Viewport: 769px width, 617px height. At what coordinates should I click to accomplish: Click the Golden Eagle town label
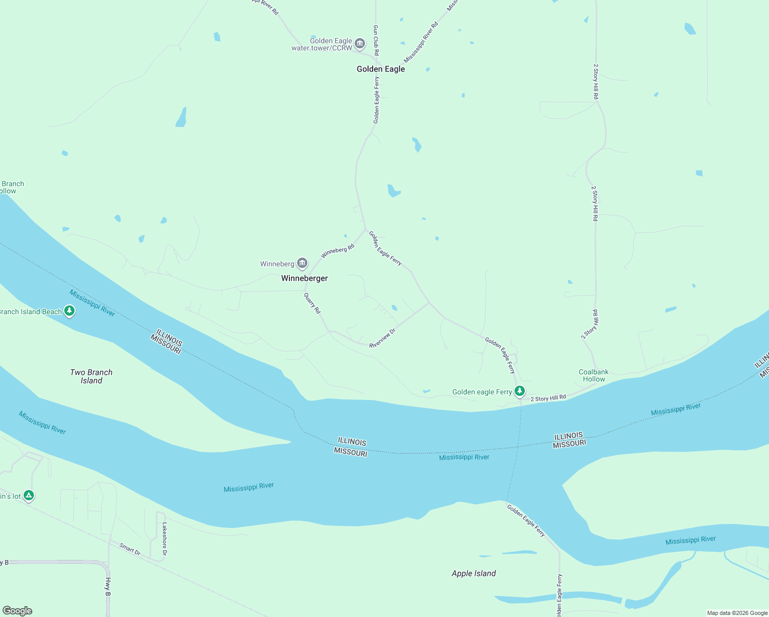[380, 69]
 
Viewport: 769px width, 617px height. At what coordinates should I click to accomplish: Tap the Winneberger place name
[304, 278]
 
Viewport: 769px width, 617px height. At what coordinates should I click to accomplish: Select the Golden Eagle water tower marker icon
[360, 43]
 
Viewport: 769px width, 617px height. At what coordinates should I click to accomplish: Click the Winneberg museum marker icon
[302, 263]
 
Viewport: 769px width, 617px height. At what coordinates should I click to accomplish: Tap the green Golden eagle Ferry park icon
[520, 391]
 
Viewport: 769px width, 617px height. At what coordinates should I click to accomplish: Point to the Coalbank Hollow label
[593, 375]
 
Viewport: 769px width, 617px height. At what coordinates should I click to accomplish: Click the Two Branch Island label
[91, 376]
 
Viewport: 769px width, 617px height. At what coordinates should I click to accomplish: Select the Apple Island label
[473, 573]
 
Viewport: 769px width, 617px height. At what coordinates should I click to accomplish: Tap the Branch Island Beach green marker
[69, 311]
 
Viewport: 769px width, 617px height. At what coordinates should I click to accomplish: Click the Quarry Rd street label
[312, 303]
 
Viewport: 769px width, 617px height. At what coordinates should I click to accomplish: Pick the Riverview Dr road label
[382, 338]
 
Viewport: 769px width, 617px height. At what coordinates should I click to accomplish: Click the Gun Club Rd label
[376, 40]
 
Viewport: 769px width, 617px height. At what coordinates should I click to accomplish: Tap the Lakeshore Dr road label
[164, 539]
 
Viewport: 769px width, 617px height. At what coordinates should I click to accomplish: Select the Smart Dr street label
[130, 549]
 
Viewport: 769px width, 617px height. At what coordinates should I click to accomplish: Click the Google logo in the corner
[17, 610]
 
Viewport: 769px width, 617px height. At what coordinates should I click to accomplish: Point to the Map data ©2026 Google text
[737, 613]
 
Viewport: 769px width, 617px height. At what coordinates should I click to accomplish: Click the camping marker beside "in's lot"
[29, 496]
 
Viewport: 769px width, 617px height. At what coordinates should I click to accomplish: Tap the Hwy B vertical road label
[108, 587]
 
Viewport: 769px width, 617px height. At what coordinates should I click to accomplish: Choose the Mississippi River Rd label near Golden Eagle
[421, 42]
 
